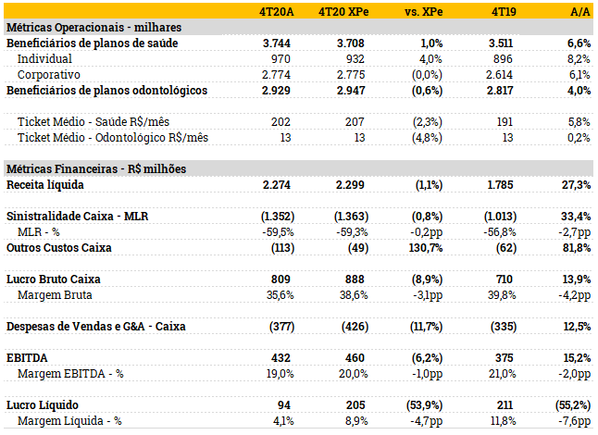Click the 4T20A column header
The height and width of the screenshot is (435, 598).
pyautogui.click(x=277, y=11)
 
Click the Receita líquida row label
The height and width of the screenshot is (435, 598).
pyautogui.click(x=46, y=185)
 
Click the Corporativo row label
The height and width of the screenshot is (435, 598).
pyautogui.click(x=49, y=74)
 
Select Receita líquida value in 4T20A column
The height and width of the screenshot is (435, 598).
pyautogui.click(x=279, y=185)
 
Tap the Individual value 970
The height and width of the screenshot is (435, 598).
pyautogui.click(x=283, y=58)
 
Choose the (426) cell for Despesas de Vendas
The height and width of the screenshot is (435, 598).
pyautogui.click(x=352, y=326)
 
